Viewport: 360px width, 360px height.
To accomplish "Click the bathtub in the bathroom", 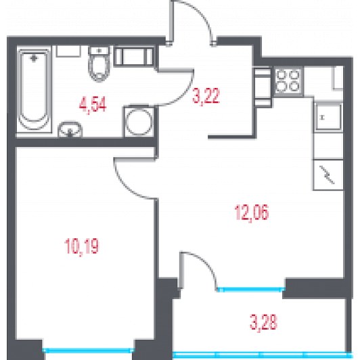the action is click(34, 89).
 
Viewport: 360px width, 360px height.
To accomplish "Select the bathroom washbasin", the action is click(70, 129).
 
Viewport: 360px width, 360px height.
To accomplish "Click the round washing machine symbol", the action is click(139, 122).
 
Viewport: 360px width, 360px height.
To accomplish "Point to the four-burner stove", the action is click(288, 81).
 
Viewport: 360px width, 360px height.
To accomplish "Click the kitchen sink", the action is click(329, 117).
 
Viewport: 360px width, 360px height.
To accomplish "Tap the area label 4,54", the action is click(93, 105).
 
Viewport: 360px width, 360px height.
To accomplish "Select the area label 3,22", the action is click(206, 95).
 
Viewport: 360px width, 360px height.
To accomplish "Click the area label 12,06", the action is click(252, 212).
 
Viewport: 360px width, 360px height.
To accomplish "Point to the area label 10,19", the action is click(82, 246).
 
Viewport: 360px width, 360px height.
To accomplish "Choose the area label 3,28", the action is click(264, 321).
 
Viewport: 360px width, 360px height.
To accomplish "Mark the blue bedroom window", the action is click(89, 351).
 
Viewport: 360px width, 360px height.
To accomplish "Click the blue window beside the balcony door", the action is click(251, 290).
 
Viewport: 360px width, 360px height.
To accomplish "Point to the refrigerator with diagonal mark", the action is click(328, 175).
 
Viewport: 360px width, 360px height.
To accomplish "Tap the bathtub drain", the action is click(34, 59).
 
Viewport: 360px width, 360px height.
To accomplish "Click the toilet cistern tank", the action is click(99, 51).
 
